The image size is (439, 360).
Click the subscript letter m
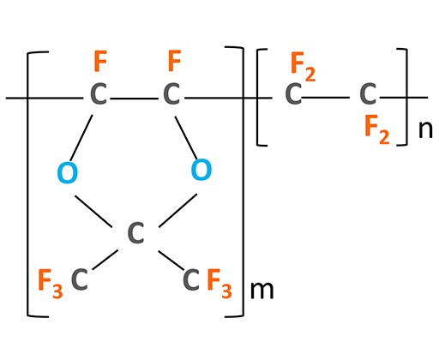pyautogui.click(x=262, y=291)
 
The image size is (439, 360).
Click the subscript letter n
pyautogui.click(x=425, y=129)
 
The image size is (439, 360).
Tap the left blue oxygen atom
pyautogui.click(x=68, y=172)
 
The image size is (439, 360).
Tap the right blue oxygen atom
pyautogui.click(x=201, y=170)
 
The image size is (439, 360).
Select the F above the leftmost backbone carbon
pyautogui.click(x=100, y=61)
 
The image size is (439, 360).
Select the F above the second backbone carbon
pyautogui.click(x=174, y=61)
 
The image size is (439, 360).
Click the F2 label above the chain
pyautogui.click(x=303, y=67)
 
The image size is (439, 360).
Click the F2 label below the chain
pyautogui.click(x=377, y=129)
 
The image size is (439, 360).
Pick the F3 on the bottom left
pyautogui.click(x=51, y=284)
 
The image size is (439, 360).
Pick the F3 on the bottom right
pyautogui.click(x=219, y=284)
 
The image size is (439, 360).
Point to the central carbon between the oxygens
pyautogui.click(x=135, y=233)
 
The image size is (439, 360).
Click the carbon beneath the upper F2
pyautogui.click(x=293, y=93)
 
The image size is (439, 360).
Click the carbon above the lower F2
pyautogui.click(x=368, y=93)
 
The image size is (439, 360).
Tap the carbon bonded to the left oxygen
pyautogui.click(x=99, y=93)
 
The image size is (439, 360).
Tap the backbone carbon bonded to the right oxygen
pyautogui.click(x=171, y=93)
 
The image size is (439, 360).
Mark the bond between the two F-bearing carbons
pyautogui.click(x=135, y=99)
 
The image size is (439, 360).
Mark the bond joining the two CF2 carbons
pyautogui.click(x=326, y=98)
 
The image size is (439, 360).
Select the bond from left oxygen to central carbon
pyautogui.click(x=93, y=212)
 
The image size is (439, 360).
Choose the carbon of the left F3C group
pyautogui.click(x=80, y=279)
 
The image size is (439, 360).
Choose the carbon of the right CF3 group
pyautogui.click(x=190, y=279)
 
